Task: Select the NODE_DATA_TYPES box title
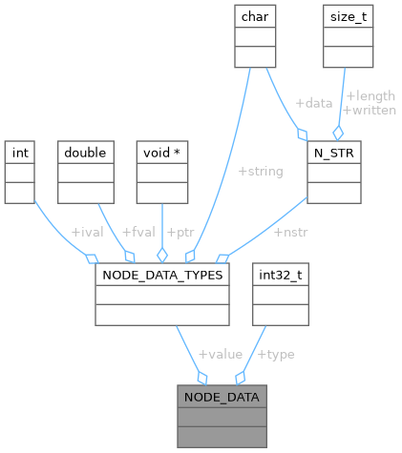click(162, 275)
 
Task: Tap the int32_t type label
click(279, 275)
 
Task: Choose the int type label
click(20, 153)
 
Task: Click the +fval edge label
click(139, 232)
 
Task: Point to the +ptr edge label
click(181, 232)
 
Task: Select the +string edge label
click(260, 172)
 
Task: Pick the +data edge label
click(312, 102)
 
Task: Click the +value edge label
click(220, 354)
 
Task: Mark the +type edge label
click(276, 354)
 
